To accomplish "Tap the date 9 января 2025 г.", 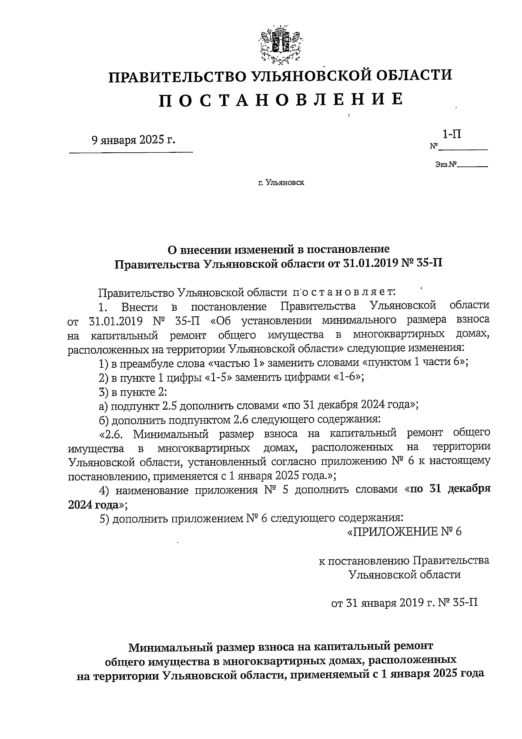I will [134, 140].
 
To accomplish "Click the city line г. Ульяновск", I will [281, 183].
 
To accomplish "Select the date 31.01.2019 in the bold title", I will [368, 264].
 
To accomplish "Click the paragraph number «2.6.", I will [114, 433].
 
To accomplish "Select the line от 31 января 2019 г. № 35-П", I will [405, 603].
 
